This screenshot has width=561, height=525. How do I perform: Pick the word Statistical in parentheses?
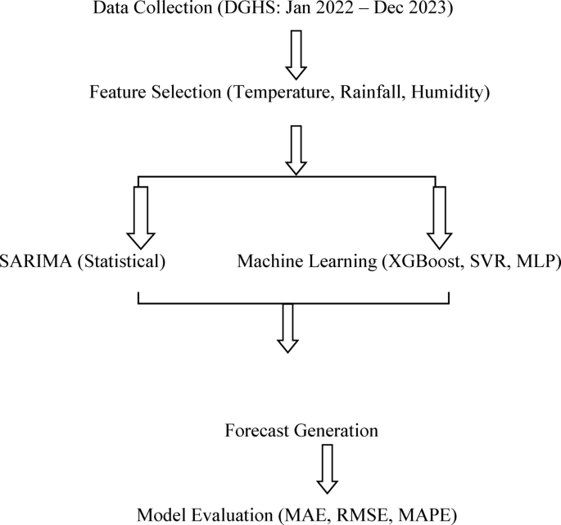point(123,262)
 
